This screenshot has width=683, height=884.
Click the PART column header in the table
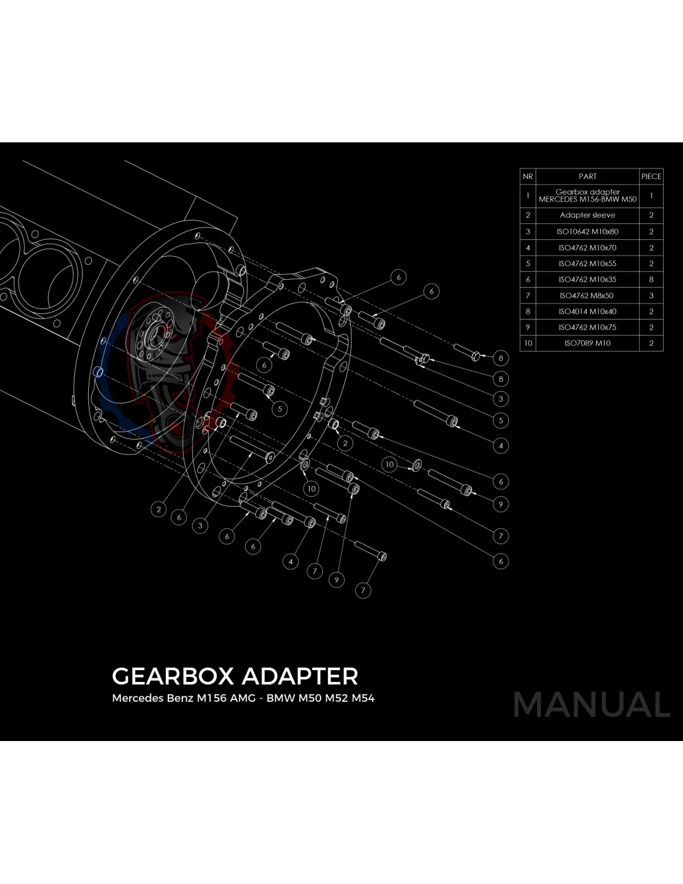pos(587,177)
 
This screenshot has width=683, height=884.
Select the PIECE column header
pos(651,177)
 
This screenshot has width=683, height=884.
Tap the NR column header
pos(528,177)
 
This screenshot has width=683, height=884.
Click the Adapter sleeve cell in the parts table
pos(587,215)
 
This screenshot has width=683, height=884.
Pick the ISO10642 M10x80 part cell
pos(587,231)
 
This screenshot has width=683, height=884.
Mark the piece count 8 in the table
pos(651,280)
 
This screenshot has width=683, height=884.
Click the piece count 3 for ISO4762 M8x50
pos(651,296)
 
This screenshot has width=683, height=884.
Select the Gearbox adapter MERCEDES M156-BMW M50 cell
pos(587,196)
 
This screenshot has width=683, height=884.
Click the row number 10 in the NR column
pos(528,343)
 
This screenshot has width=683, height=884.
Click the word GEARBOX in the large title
pos(173,676)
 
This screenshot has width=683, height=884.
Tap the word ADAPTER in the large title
pos(300,676)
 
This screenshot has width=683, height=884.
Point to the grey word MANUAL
pos(592,705)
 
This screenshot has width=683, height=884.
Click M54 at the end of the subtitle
pos(363,698)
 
